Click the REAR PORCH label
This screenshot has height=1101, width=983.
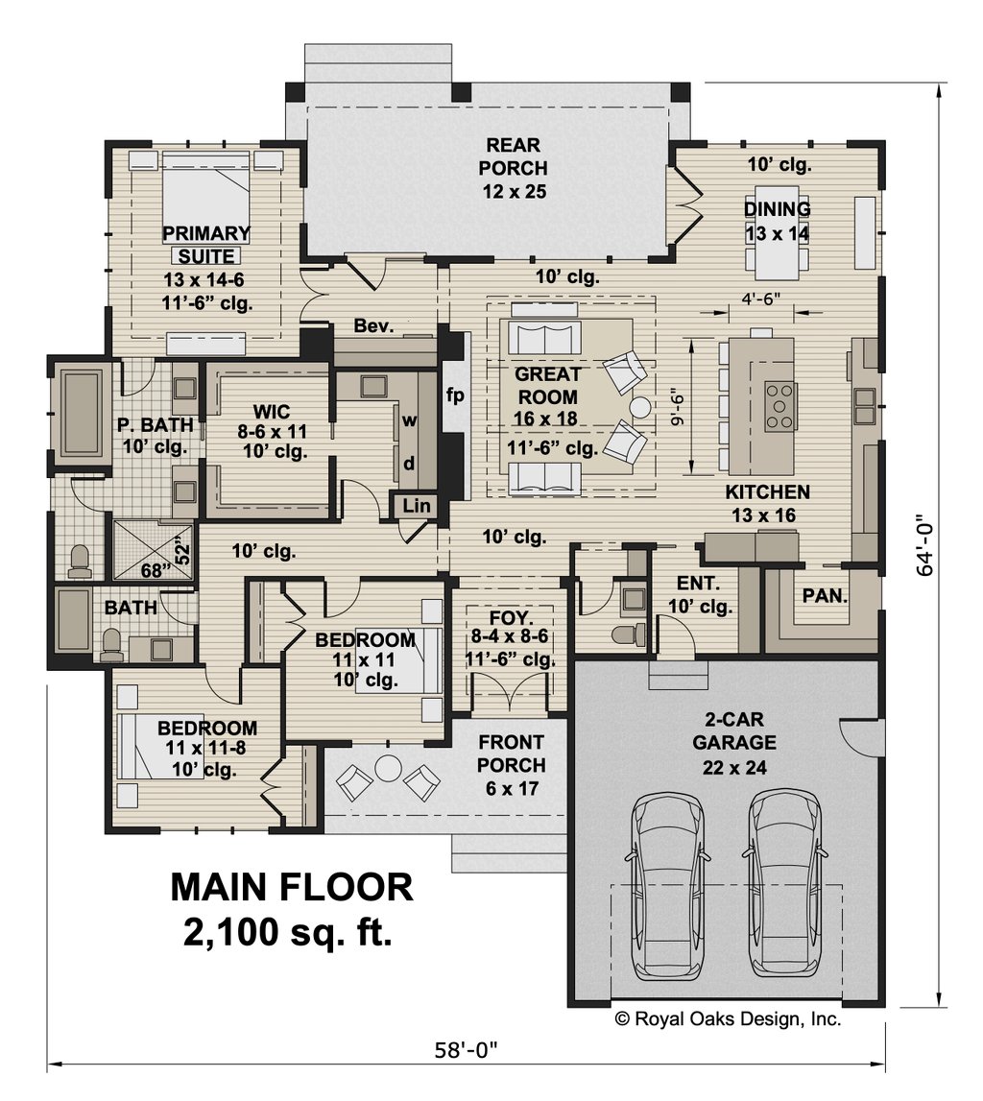point(514,168)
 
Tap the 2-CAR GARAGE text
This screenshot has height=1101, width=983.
point(726,742)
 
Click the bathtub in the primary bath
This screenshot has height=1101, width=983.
point(80,413)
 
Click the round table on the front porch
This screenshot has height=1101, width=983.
point(389,769)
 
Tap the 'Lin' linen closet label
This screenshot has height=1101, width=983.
point(415,505)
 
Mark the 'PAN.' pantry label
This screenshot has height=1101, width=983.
point(825,595)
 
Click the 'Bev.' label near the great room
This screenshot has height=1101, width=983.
point(374,326)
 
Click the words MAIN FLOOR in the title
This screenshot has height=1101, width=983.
point(292,887)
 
